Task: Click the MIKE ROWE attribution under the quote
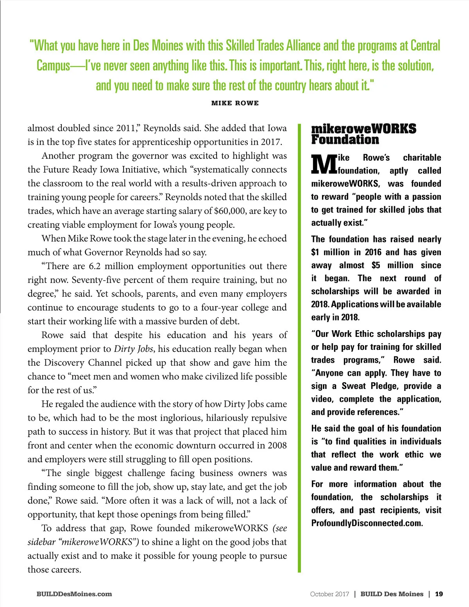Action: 235,103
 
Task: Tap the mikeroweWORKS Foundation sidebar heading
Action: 363,134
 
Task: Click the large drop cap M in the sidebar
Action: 324,164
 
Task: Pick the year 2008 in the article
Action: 277,446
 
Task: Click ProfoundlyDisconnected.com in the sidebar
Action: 367,523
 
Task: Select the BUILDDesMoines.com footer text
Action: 74,594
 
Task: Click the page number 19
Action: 439,594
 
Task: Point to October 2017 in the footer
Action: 329,594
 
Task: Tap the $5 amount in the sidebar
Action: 376,265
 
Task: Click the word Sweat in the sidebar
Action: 354,386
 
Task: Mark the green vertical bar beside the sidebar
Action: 299,348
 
